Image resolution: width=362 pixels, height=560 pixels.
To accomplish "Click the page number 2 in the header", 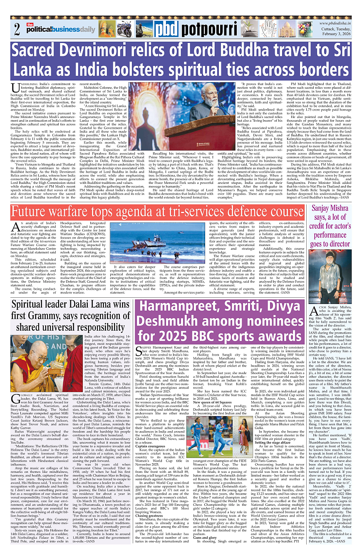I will click(x=17, y=30).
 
